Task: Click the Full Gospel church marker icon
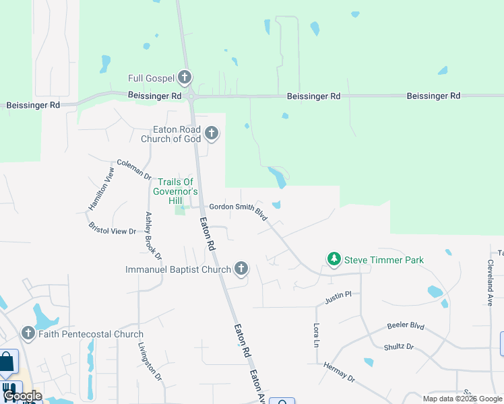click(185, 77)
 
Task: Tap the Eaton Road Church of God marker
click(212, 133)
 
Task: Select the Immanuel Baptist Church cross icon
click(241, 269)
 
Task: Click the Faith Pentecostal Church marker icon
click(28, 333)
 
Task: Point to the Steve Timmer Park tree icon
click(334, 259)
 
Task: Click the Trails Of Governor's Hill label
click(175, 191)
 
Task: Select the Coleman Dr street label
click(134, 168)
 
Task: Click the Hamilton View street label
click(102, 189)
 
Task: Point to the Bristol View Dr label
click(113, 226)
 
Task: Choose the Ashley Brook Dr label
click(154, 236)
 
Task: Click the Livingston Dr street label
click(150, 363)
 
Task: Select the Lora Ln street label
click(316, 335)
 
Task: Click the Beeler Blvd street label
click(406, 326)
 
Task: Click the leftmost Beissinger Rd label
click(33, 105)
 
